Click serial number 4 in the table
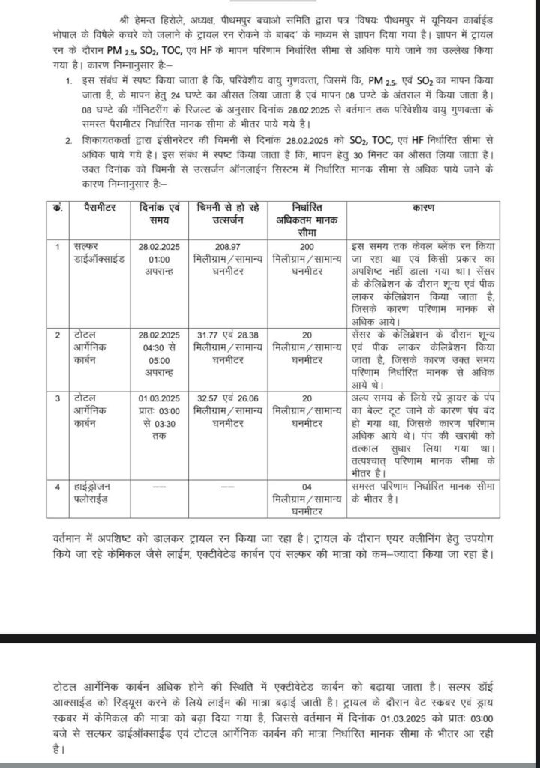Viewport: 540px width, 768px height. point(58,488)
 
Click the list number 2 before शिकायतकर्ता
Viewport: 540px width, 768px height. point(69,139)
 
